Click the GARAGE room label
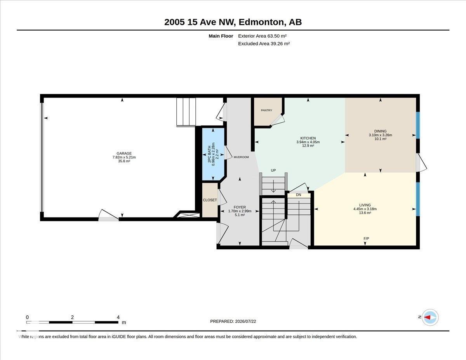124,153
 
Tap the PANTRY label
266,110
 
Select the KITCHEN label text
308,138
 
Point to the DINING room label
380,131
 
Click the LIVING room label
365,205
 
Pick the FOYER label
240,207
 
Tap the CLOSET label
210,200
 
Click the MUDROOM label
241,157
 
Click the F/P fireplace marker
366,238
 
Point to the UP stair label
273,170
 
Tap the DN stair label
299,195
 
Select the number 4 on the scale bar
118,317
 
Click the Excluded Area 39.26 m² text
264,43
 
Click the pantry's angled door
278,120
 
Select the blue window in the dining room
418,125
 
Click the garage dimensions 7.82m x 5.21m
124,157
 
